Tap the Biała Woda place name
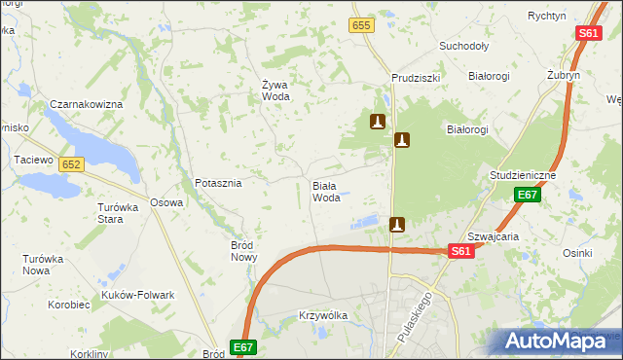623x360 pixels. [326, 191]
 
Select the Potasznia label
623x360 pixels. [218, 182]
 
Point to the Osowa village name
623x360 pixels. [166, 202]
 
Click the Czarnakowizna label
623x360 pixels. [86, 104]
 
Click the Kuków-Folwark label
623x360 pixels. [137, 295]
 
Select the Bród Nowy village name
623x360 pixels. [243, 251]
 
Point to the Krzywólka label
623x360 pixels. [322, 316]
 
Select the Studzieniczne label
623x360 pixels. [523, 175]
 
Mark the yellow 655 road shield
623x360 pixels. [362, 25]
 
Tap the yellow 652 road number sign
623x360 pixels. [70, 165]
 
